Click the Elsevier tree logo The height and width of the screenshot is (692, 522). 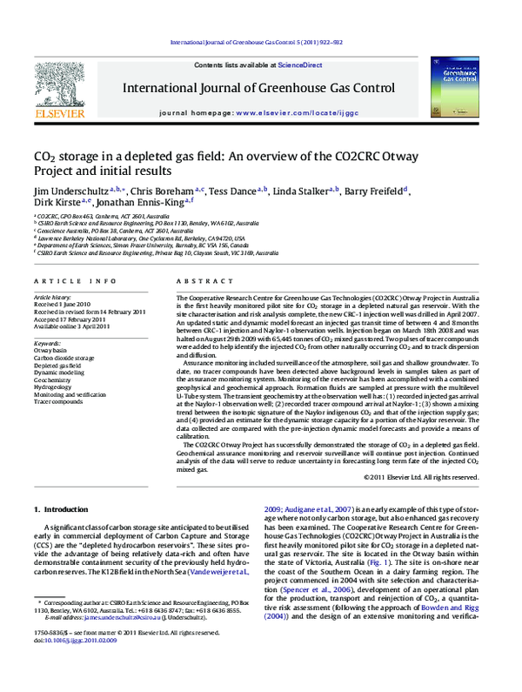pyautogui.click(x=57, y=84)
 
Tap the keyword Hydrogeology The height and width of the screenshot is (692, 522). pyautogui.click(x=54, y=387)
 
